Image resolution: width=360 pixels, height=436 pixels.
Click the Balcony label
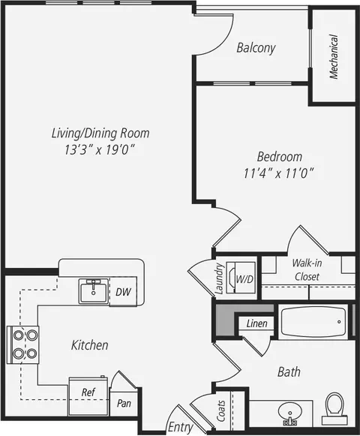256,48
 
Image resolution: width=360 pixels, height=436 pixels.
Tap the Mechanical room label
334,57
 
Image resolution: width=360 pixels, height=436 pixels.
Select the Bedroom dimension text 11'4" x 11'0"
279,173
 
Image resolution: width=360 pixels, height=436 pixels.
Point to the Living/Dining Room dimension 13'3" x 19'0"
100,150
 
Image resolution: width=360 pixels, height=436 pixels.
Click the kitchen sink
94,291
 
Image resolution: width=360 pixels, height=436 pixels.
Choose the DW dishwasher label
123,292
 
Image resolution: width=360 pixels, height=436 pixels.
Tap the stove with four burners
22,344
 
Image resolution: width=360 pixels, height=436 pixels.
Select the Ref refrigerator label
88,392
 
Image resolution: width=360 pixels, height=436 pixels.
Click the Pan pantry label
124,403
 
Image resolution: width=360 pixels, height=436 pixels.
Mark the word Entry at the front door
181,426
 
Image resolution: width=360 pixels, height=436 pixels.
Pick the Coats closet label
221,410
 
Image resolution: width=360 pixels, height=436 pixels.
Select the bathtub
313,322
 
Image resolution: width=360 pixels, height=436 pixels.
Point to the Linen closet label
256,323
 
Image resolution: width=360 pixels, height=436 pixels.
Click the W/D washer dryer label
244,279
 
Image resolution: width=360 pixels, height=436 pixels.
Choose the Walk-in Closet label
307,269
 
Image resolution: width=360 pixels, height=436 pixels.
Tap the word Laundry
220,278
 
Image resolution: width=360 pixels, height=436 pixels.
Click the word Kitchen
90,345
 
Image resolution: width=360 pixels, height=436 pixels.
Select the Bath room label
289,371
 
